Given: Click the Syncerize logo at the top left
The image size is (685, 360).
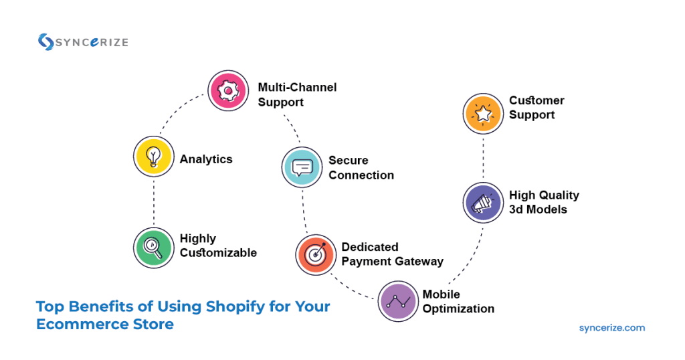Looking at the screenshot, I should [82, 41].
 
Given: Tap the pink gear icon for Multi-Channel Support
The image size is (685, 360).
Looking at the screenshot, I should [227, 90].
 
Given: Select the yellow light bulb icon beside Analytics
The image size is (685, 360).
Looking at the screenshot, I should [153, 157].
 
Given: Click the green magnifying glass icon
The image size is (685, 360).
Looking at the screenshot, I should [153, 247].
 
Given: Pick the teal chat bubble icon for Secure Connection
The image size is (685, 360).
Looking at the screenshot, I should [302, 167].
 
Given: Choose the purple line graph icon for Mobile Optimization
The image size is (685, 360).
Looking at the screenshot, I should [398, 301].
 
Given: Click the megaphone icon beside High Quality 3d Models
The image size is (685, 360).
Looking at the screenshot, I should [483, 202].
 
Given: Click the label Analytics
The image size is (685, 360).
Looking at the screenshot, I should [206, 159].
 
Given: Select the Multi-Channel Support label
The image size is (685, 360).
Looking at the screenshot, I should [297, 95].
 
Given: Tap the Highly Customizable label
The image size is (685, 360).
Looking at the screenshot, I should [218, 246].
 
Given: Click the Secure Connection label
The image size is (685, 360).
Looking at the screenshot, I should [361, 168].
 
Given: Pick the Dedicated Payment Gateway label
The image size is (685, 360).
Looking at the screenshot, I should [392, 254].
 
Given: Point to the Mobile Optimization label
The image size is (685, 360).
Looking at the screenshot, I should [458, 302].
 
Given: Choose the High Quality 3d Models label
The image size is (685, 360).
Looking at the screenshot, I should [544, 202].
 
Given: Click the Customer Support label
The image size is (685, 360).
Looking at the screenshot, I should [536, 108].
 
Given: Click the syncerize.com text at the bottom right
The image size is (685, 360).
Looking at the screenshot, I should [611, 328].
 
